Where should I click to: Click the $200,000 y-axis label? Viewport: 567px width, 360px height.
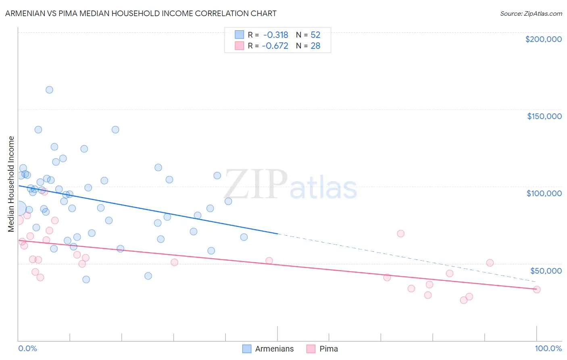(543, 39)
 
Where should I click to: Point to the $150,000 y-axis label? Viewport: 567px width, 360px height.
(544, 116)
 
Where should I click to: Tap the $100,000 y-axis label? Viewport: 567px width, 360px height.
(544, 193)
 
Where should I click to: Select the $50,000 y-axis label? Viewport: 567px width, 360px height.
(546, 271)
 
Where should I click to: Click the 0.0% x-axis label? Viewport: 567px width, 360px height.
(27, 348)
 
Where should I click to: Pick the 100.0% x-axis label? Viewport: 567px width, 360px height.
(548, 348)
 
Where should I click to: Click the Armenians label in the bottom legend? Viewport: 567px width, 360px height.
(274, 349)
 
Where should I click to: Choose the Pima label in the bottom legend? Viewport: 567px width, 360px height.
(329, 349)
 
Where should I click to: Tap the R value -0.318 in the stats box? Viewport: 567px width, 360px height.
(275, 35)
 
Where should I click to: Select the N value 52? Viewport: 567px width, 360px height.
(315, 35)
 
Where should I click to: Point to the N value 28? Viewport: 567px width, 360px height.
(315, 46)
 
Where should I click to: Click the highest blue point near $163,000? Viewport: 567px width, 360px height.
(49, 90)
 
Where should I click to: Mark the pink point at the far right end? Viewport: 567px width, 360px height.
(536, 289)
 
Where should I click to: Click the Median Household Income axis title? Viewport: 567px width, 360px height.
(11, 184)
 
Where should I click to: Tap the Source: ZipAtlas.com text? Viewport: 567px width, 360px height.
(531, 14)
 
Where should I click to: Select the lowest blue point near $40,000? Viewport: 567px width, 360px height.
(86, 279)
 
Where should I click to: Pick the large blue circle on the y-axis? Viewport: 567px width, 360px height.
(19, 209)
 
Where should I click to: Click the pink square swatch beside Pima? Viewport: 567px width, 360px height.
(311, 349)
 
